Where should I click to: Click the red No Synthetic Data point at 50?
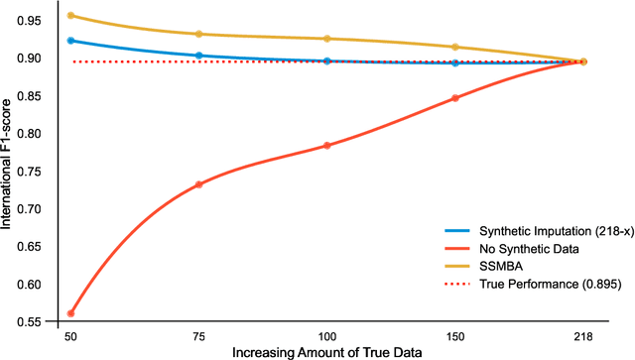pyautogui.click(x=70, y=313)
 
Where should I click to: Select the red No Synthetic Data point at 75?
pyautogui.click(x=198, y=184)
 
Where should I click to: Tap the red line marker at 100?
pyautogui.click(x=327, y=146)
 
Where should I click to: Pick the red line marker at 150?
pyautogui.click(x=455, y=98)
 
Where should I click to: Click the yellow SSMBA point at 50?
pyautogui.click(x=70, y=16)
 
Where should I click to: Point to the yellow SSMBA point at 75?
pyautogui.click(x=198, y=34)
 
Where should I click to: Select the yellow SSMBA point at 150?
pyautogui.click(x=455, y=47)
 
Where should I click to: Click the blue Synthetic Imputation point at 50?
pyautogui.click(x=70, y=41)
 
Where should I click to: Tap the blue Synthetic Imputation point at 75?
pyautogui.click(x=198, y=56)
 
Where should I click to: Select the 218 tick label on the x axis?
pyautogui.click(x=583, y=337)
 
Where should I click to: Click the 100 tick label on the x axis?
pyautogui.click(x=327, y=337)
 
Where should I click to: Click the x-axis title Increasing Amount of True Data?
pyautogui.click(x=327, y=352)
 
